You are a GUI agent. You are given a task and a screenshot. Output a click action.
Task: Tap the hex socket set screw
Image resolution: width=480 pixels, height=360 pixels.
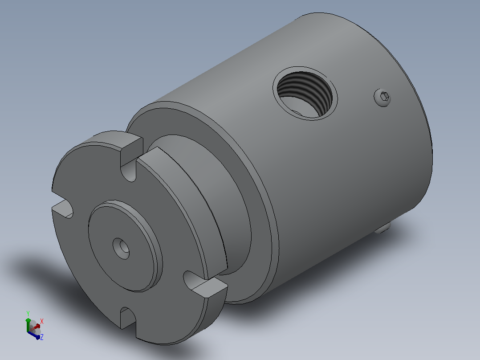pyautogui.click(x=382, y=98)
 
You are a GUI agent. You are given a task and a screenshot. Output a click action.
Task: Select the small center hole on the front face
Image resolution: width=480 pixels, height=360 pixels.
pyautogui.click(x=121, y=249)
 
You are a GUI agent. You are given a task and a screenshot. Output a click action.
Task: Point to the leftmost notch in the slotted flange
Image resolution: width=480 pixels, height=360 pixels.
pyautogui.click(x=62, y=209)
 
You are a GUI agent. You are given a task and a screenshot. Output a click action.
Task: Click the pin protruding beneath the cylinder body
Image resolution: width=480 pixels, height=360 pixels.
pyautogui.click(x=382, y=228)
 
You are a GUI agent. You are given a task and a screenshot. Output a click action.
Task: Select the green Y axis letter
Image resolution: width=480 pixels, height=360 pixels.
pyautogui.click(x=28, y=313)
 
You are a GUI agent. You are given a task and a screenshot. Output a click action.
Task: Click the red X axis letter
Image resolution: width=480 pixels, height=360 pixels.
pyautogui.click(x=42, y=321)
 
